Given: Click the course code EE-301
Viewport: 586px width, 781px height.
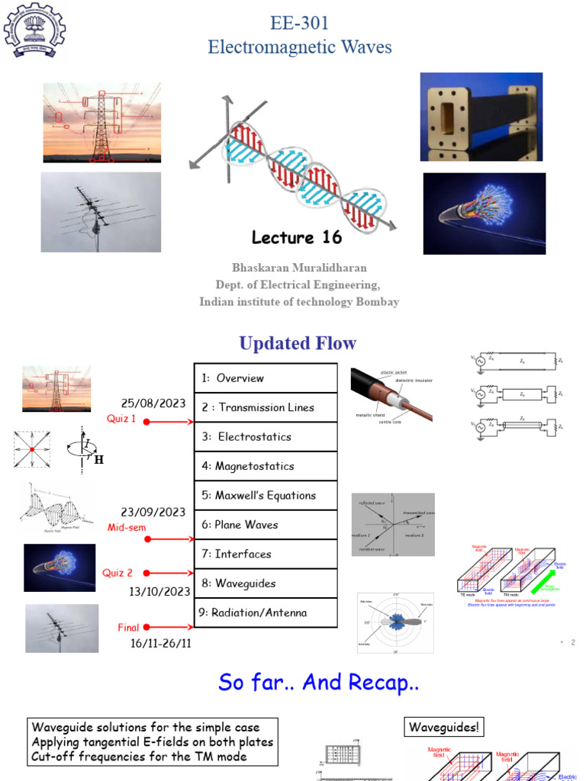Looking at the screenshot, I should [300, 23].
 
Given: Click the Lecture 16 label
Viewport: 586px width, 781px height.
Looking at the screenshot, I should [297, 237].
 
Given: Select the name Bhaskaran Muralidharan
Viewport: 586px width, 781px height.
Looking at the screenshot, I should [299, 268].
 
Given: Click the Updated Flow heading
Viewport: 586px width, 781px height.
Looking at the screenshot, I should [298, 343].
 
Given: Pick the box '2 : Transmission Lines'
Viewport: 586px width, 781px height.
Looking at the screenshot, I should [265, 407].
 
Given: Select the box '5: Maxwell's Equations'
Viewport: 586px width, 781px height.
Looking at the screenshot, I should [265, 495].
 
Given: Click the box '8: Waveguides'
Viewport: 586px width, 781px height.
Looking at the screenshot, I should [265, 583].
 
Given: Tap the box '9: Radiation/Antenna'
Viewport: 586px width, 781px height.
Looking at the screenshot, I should [265, 612].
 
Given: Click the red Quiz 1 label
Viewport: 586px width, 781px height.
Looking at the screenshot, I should [121, 419].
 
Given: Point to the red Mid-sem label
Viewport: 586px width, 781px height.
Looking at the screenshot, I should [126, 527].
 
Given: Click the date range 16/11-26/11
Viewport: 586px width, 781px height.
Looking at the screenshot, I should [160, 644].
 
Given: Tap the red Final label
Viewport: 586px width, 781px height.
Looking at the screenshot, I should [128, 628].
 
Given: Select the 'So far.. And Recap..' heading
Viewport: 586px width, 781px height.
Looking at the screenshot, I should [318, 682].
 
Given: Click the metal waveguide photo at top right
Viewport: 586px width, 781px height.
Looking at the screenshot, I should [481, 117].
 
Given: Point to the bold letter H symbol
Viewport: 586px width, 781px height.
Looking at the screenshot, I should [98, 461].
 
